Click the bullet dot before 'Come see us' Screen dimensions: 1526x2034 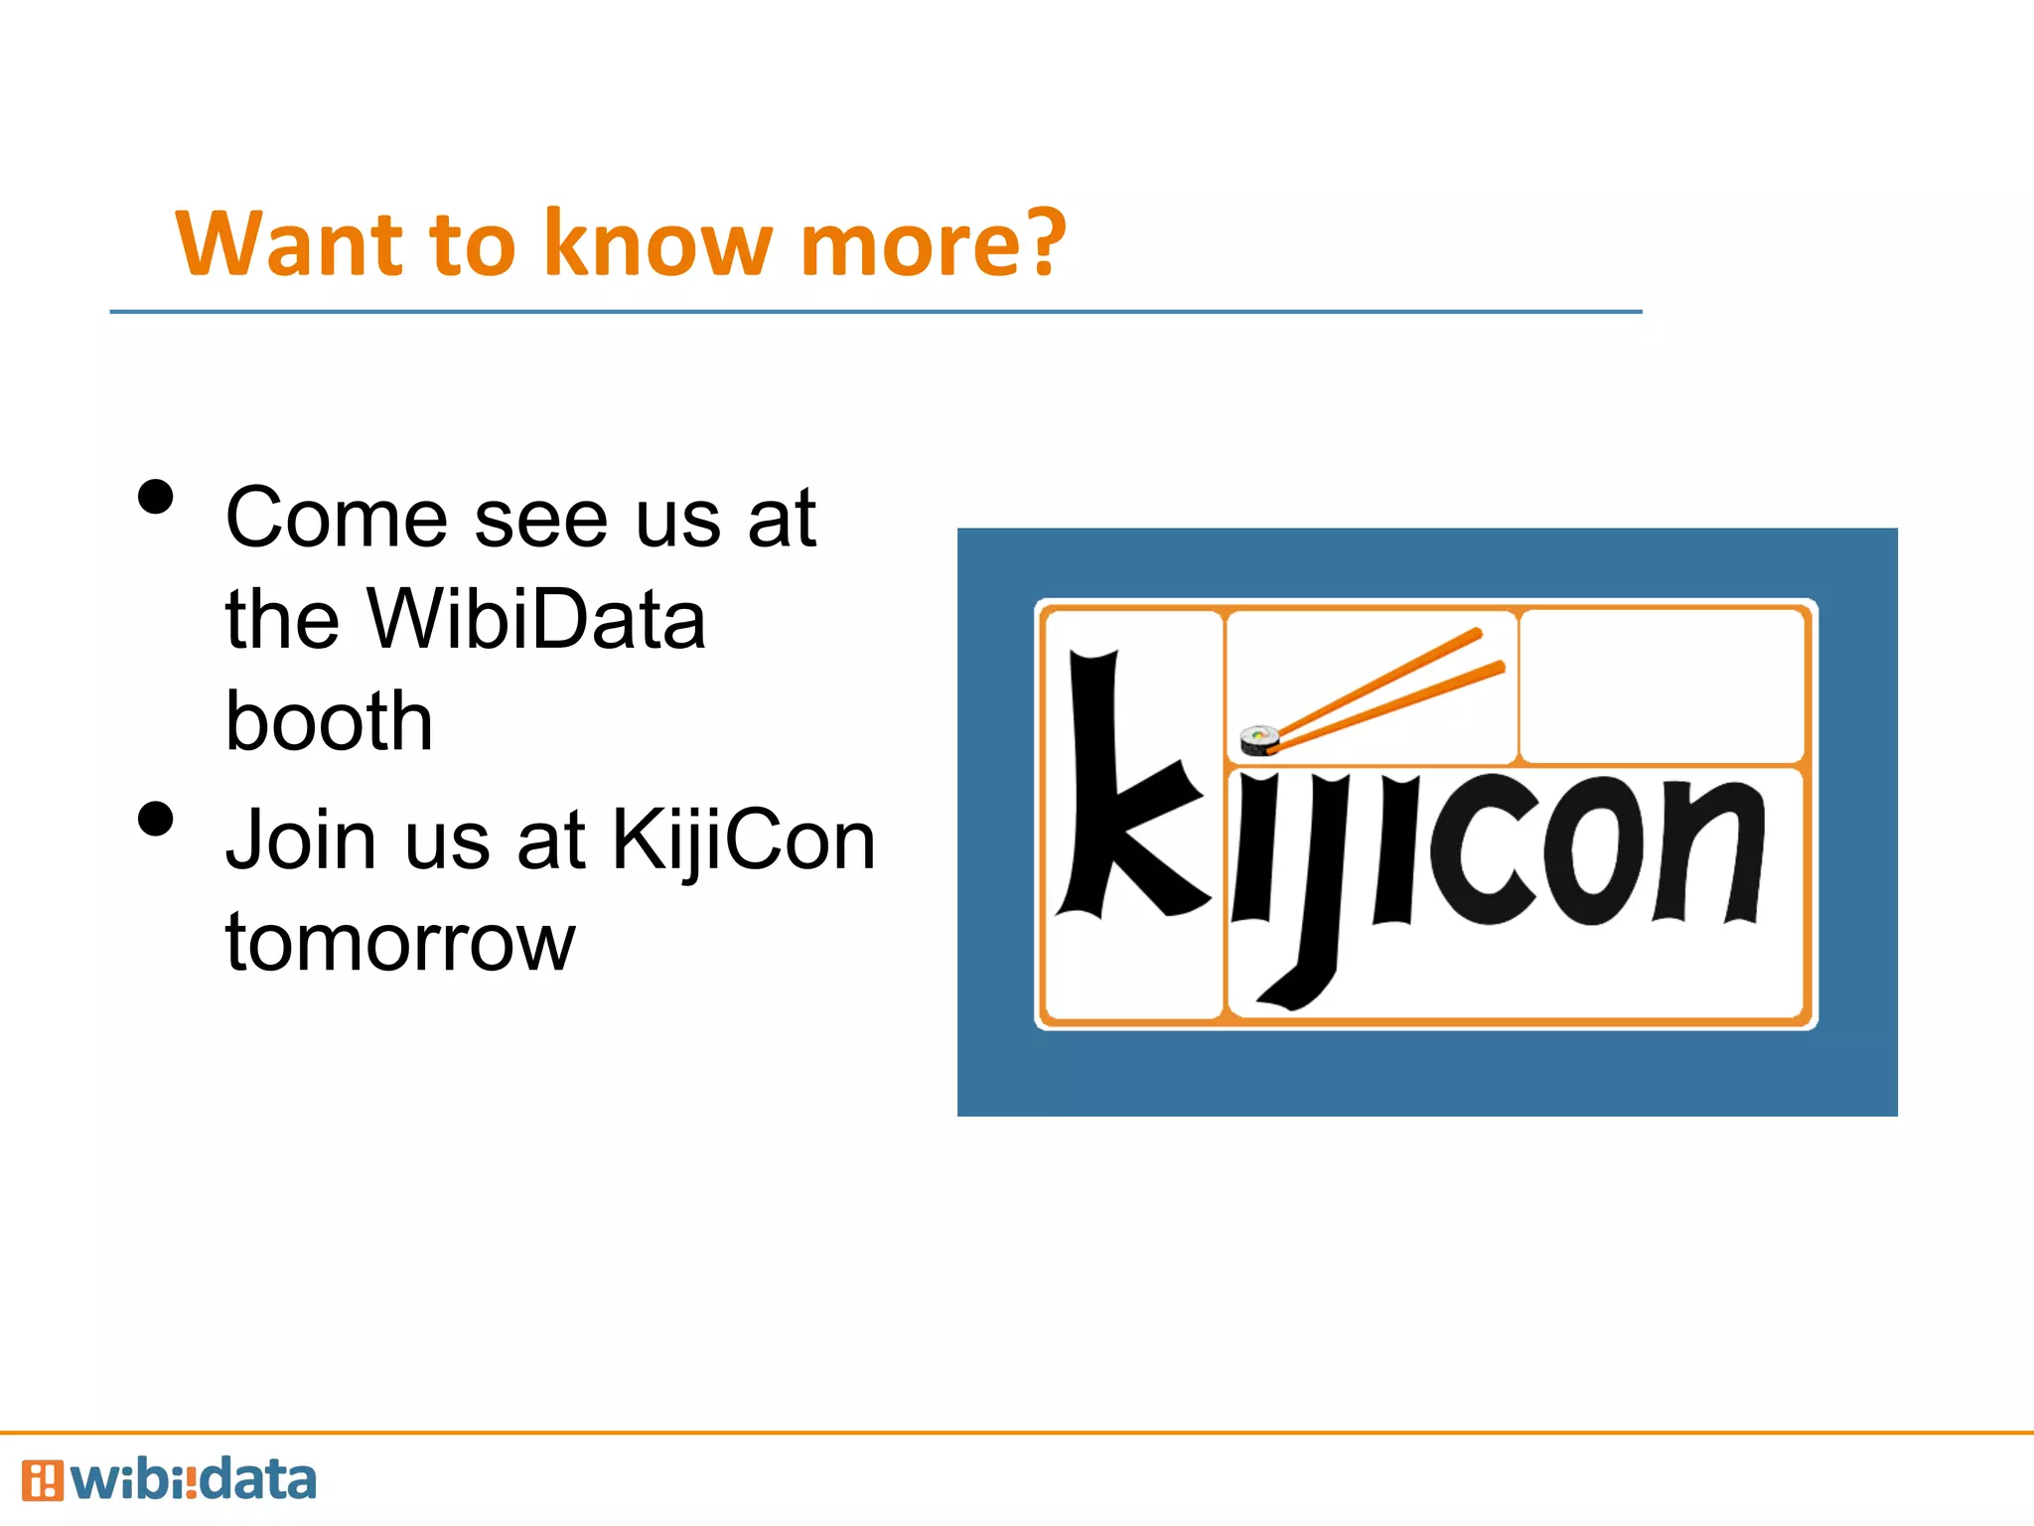[x=156, y=498]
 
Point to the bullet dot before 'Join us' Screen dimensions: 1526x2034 [x=156, y=820]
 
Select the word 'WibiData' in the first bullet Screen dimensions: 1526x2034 [x=535, y=619]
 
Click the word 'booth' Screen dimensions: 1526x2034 [x=329, y=720]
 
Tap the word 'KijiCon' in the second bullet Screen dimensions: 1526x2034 [x=743, y=840]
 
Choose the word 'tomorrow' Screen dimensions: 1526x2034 [x=399, y=942]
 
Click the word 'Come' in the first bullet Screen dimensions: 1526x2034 [x=337, y=519]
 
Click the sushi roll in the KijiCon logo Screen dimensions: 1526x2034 [x=1259, y=740]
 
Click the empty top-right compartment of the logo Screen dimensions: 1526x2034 [x=1662, y=686]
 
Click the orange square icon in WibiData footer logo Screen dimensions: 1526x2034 [x=42, y=1480]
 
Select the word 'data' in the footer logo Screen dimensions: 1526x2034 [x=256, y=1480]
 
